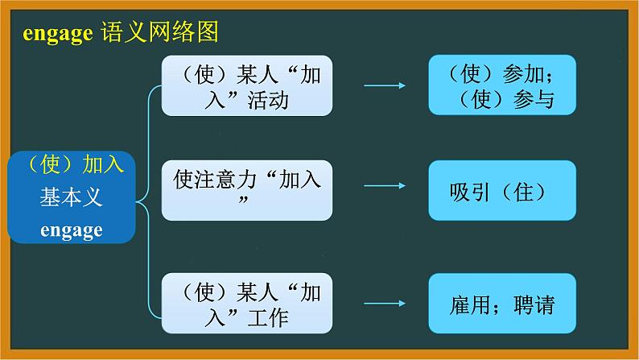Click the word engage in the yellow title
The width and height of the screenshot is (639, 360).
57,34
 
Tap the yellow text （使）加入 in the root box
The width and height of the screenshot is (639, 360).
70,166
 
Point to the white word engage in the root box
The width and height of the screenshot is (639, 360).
72,230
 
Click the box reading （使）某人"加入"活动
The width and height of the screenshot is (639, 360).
247,85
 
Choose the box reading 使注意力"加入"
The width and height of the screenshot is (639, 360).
247,189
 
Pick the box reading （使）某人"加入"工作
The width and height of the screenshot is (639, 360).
247,302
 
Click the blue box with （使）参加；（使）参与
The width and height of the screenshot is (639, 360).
501,85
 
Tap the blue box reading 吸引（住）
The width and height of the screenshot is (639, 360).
501,191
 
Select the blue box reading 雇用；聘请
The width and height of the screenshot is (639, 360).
501,304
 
